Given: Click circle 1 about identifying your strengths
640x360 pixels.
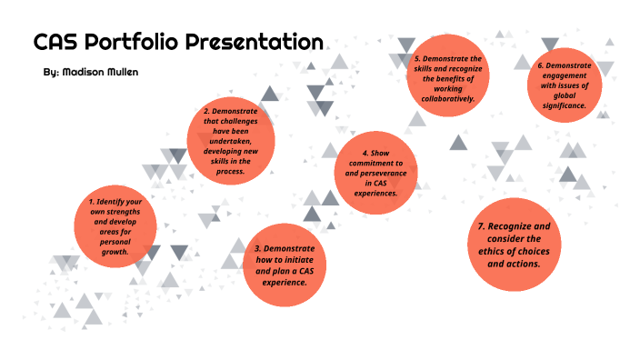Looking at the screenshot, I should tap(115, 226).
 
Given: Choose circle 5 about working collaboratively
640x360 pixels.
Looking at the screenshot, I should tap(442, 77).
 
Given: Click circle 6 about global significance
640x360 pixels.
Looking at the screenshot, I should tap(565, 85).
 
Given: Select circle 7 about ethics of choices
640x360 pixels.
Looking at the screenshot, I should tap(515, 244).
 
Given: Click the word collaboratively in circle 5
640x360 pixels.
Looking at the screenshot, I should tap(442, 98).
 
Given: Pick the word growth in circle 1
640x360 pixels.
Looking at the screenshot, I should tap(115, 251).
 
